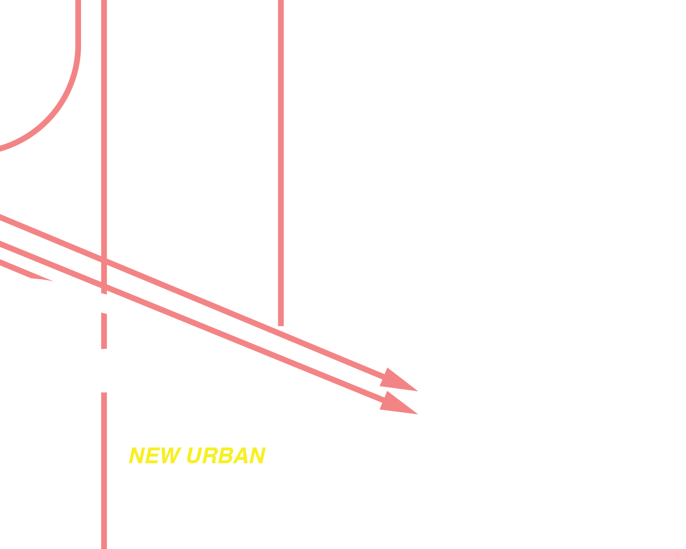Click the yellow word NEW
point(155,456)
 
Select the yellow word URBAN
point(225,456)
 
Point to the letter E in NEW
point(152,456)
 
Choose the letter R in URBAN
point(210,456)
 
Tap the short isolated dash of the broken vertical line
point(104,331)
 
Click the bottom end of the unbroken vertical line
point(281,324)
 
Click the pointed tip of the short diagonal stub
point(53,281)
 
